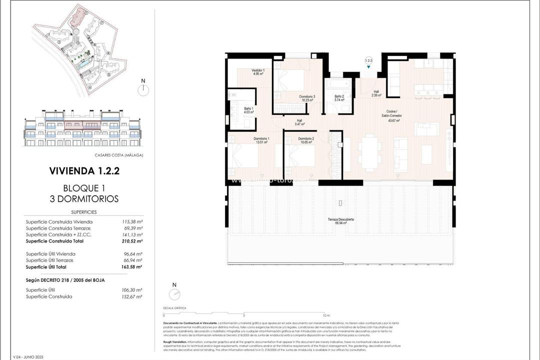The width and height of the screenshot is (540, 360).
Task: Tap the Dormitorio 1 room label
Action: [261, 140]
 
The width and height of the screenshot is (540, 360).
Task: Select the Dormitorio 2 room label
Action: [306, 140]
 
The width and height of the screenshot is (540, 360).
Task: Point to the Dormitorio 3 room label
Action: [307, 98]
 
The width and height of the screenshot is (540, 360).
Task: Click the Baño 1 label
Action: [248, 110]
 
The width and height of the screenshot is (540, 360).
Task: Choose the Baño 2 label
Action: [339, 98]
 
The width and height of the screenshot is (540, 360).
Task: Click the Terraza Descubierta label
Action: [341, 221]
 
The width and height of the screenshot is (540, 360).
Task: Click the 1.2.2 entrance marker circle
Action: [369, 60]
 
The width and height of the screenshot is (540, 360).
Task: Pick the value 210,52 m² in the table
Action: [132, 241]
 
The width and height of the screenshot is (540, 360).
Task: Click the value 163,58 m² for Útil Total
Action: [132, 267]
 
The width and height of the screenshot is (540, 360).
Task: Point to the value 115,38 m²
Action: [132, 221]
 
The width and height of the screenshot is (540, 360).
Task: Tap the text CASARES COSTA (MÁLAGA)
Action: [118, 155]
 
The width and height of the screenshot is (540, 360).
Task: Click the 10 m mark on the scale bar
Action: [326, 316]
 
